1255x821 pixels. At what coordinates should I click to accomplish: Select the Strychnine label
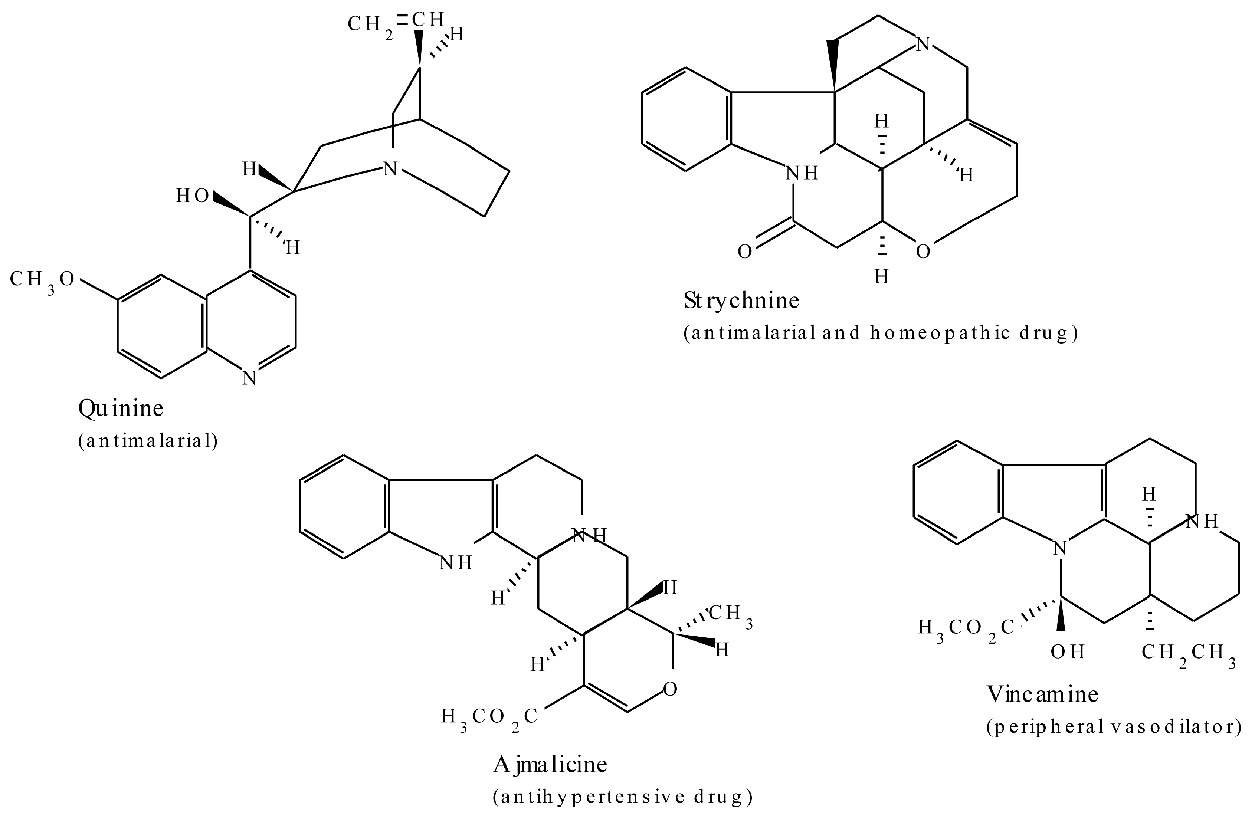741,301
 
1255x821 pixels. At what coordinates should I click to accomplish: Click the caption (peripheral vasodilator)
1114,727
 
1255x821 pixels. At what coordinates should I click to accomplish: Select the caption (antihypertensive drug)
623,797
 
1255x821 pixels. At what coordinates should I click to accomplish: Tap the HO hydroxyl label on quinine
193,196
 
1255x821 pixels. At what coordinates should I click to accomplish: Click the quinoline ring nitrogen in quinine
249,378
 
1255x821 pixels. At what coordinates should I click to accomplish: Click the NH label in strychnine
802,173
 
